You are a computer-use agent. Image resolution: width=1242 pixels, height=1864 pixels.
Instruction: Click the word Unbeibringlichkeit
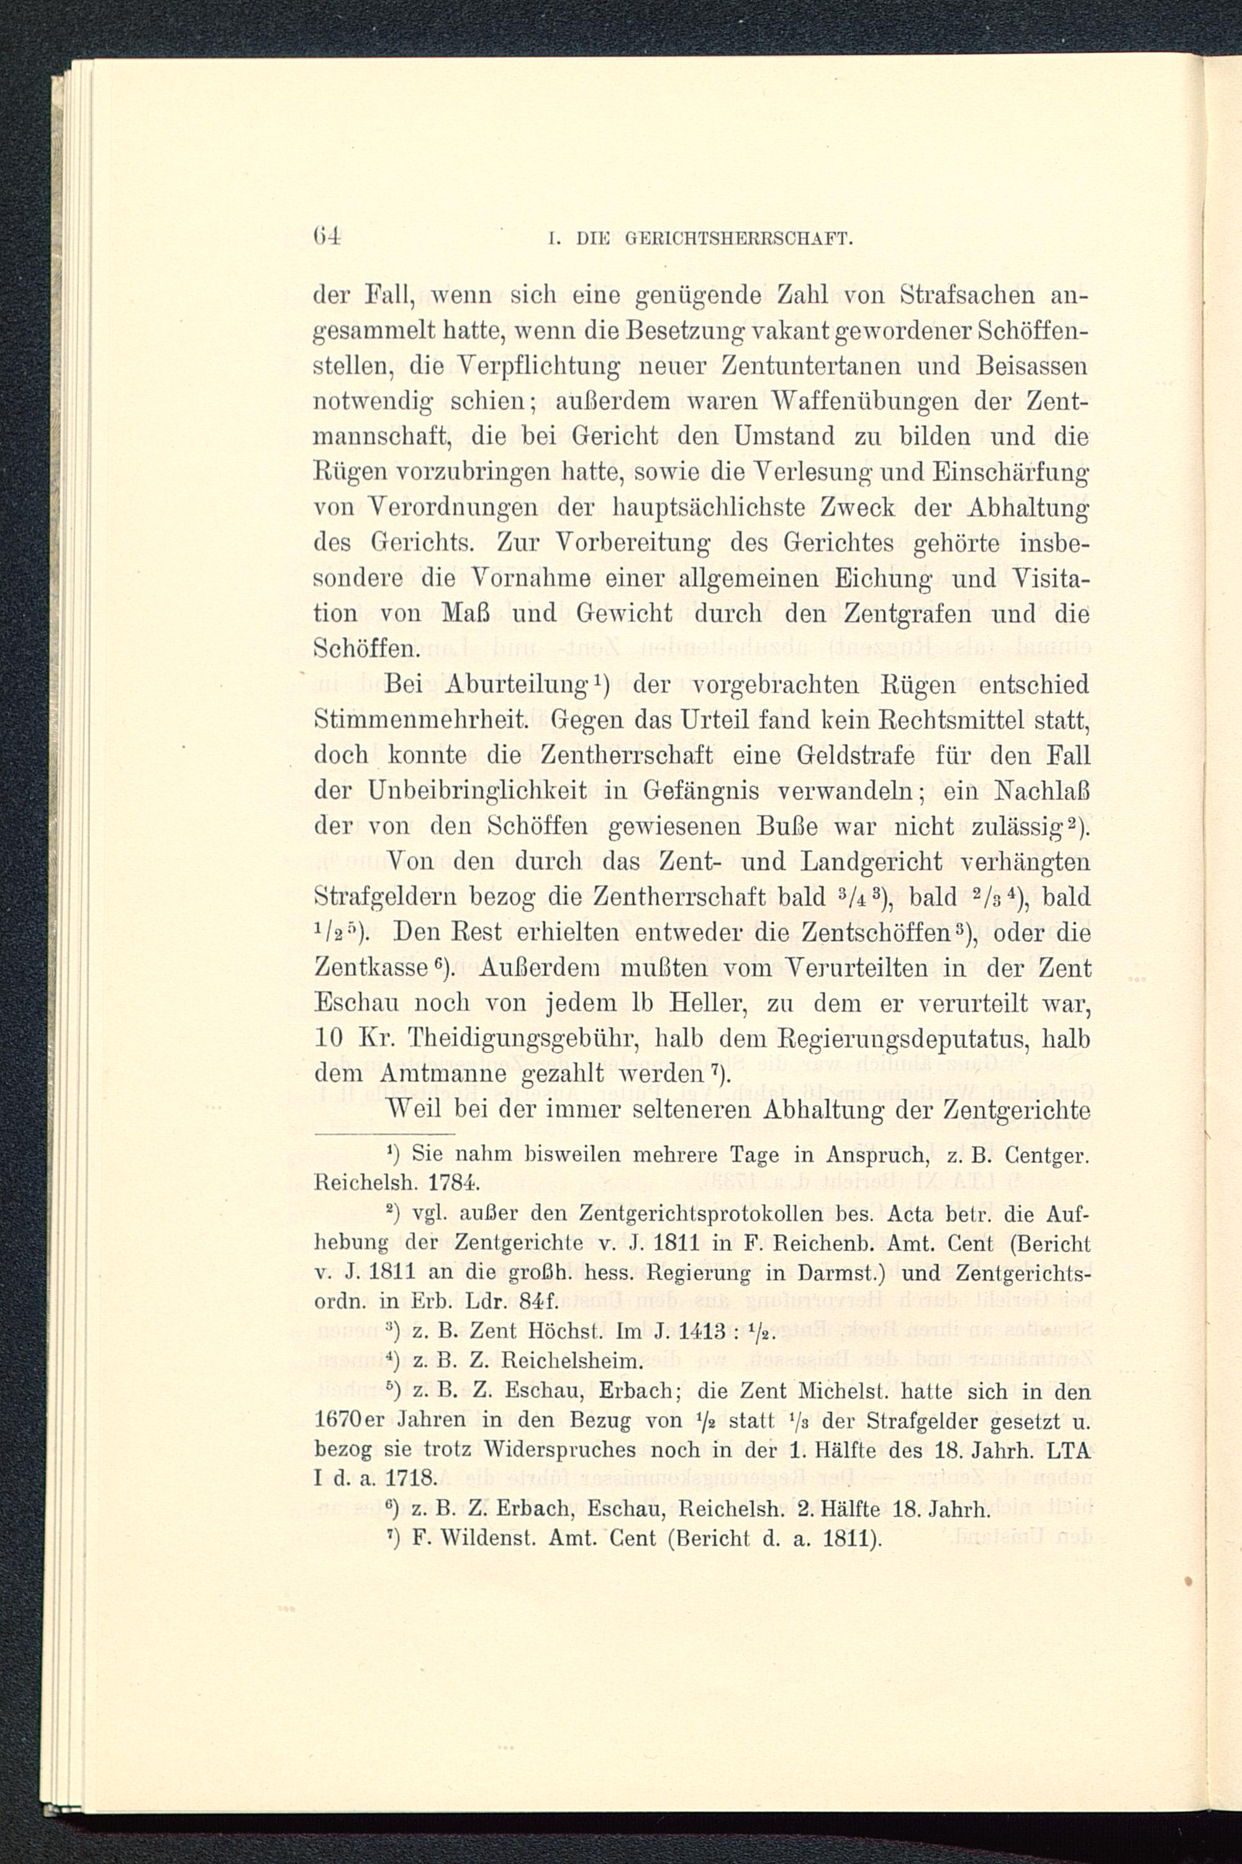click(478, 791)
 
